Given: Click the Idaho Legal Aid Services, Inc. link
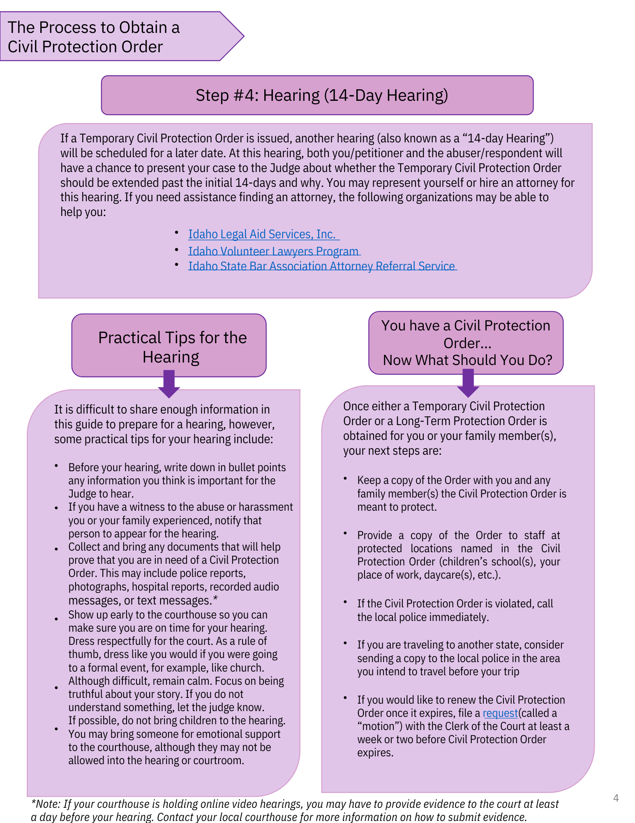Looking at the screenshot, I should point(263,234).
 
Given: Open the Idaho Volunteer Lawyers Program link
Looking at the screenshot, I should point(274,251).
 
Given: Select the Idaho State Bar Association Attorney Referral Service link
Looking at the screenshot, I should point(322,266).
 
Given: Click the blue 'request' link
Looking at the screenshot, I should point(500,713).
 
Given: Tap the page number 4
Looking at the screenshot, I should point(616,798).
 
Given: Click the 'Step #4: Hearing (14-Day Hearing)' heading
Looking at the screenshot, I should point(321,95).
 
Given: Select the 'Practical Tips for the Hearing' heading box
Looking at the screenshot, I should point(169,346).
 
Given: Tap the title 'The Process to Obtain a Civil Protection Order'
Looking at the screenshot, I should point(94,37).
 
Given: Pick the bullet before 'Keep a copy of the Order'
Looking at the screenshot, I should point(346,479).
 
